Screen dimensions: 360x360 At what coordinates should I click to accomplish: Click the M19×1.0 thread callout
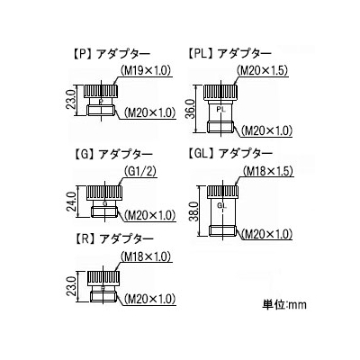[x=146, y=70]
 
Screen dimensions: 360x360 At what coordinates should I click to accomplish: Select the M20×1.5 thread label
[x=263, y=70]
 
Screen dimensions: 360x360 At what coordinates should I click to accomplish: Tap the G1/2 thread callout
[x=140, y=172]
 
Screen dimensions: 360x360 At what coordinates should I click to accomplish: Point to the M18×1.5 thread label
[x=267, y=172]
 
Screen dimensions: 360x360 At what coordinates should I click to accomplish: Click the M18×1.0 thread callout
[x=146, y=257]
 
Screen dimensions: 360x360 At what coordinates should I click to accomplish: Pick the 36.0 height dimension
[x=191, y=109]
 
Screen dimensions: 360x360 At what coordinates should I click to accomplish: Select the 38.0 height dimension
[x=195, y=211]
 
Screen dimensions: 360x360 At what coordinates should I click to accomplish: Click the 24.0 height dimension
[x=73, y=202]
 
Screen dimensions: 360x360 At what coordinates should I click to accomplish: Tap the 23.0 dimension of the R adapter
[x=73, y=286]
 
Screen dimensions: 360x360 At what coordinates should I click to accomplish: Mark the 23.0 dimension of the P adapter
[x=73, y=101]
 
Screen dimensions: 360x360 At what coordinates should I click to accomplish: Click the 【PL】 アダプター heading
[x=229, y=54]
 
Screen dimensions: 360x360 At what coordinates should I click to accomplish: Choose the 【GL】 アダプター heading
[x=230, y=154]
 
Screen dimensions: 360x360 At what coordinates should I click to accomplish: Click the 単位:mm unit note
[x=284, y=305]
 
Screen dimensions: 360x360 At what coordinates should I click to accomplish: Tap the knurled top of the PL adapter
[x=221, y=92]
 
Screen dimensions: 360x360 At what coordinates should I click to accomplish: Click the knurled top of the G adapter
[x=104, y=193]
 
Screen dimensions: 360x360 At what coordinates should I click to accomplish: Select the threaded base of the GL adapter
[x=223, y=231]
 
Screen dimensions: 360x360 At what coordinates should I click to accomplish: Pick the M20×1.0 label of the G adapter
[x=149, y=215]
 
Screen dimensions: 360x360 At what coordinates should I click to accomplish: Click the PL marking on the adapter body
[x=221, y=110]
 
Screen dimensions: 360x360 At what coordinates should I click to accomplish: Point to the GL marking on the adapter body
[x=221, y=206]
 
